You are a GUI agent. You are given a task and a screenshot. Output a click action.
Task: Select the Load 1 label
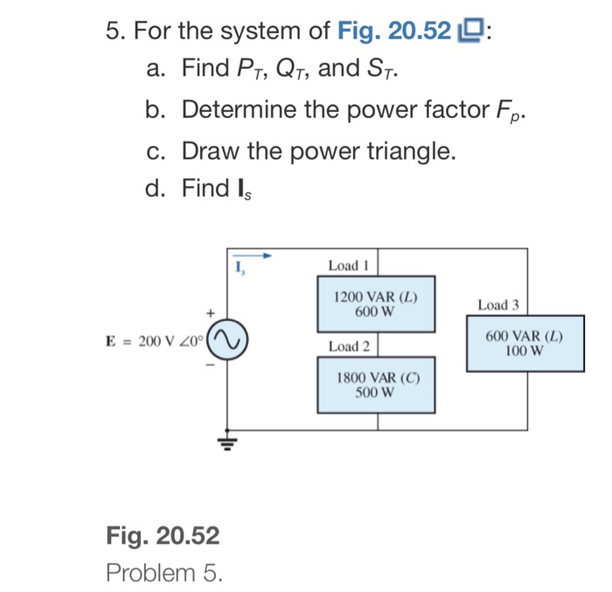click(349, 265)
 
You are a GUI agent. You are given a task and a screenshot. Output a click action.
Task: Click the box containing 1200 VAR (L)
click(376, 303)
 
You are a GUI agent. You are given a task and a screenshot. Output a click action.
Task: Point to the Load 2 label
click(349, 347)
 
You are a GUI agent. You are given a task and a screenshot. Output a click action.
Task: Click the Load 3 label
click(497, 305)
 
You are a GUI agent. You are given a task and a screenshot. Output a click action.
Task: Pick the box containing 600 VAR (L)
click(525, 344)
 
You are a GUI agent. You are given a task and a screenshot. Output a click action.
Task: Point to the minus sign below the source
click(210, 365)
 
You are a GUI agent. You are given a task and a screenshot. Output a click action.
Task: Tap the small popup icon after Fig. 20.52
click(470, 33)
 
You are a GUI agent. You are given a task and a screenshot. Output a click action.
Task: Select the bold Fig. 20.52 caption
click(163, 535)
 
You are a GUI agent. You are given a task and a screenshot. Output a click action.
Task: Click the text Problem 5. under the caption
click(163, 573)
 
